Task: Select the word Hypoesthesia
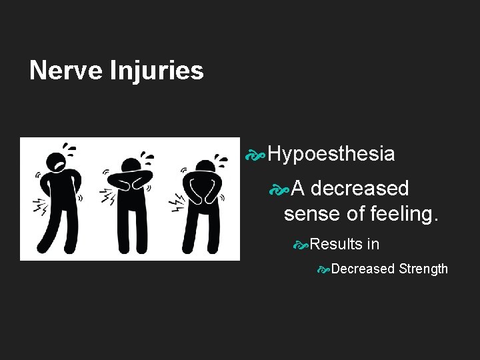click(331, 155)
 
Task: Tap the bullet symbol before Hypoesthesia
click(255, 155)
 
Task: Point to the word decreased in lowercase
click(359, 189)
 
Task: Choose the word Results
click(336, 244)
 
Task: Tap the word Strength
click(423, 269)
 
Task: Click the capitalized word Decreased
click(363, 269)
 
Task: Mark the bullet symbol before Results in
click(301, 245)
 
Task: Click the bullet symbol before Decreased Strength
click(323, 269)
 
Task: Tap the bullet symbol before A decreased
click(279, 189)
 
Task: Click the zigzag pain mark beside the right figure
click(177, 200)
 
